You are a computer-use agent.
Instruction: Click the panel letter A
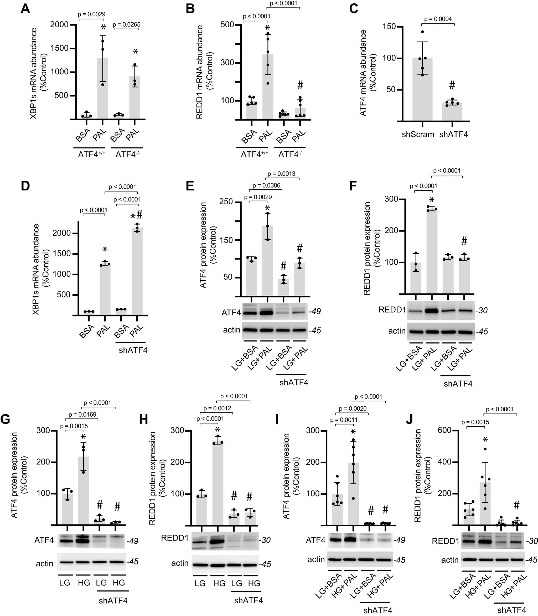click(25, 9)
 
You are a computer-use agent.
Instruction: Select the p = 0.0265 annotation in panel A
click(126, 25)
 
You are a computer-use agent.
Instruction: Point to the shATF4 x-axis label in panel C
click(453, 134)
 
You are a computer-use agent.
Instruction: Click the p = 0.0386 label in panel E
click(266, 185)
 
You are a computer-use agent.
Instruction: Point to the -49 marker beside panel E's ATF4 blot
click(315, 311)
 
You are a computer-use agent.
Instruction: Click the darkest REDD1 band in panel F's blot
click(432, 310)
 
